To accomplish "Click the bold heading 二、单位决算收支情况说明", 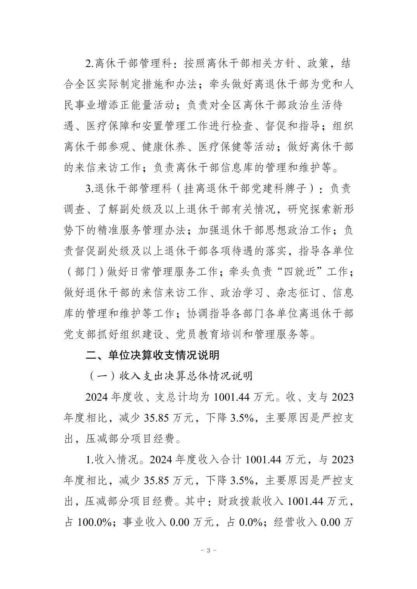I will (152, 355).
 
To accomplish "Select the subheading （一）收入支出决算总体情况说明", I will (169, 376).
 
